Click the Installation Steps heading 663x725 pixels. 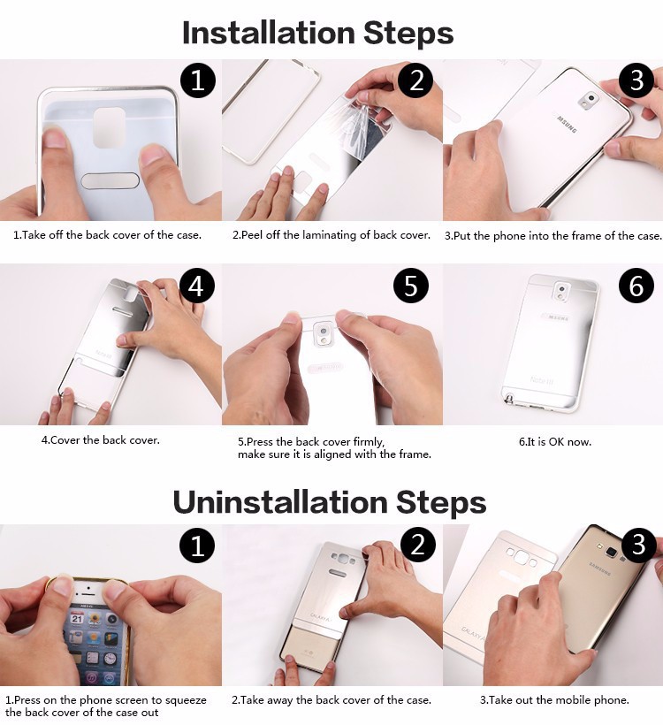(x=317, y=33)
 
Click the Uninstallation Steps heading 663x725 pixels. (x=329, y=502)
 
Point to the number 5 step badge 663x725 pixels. (x=410, y=286)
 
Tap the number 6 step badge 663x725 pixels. (x=636, y=286)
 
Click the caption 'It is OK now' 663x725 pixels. (x=554, y=441)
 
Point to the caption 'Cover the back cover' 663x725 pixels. (x=100, y=439)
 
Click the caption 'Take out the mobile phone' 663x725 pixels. (x=554, y=699)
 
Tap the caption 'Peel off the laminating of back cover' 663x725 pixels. (x=331, y=235)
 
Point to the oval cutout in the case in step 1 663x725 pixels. (x=110, y=180)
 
